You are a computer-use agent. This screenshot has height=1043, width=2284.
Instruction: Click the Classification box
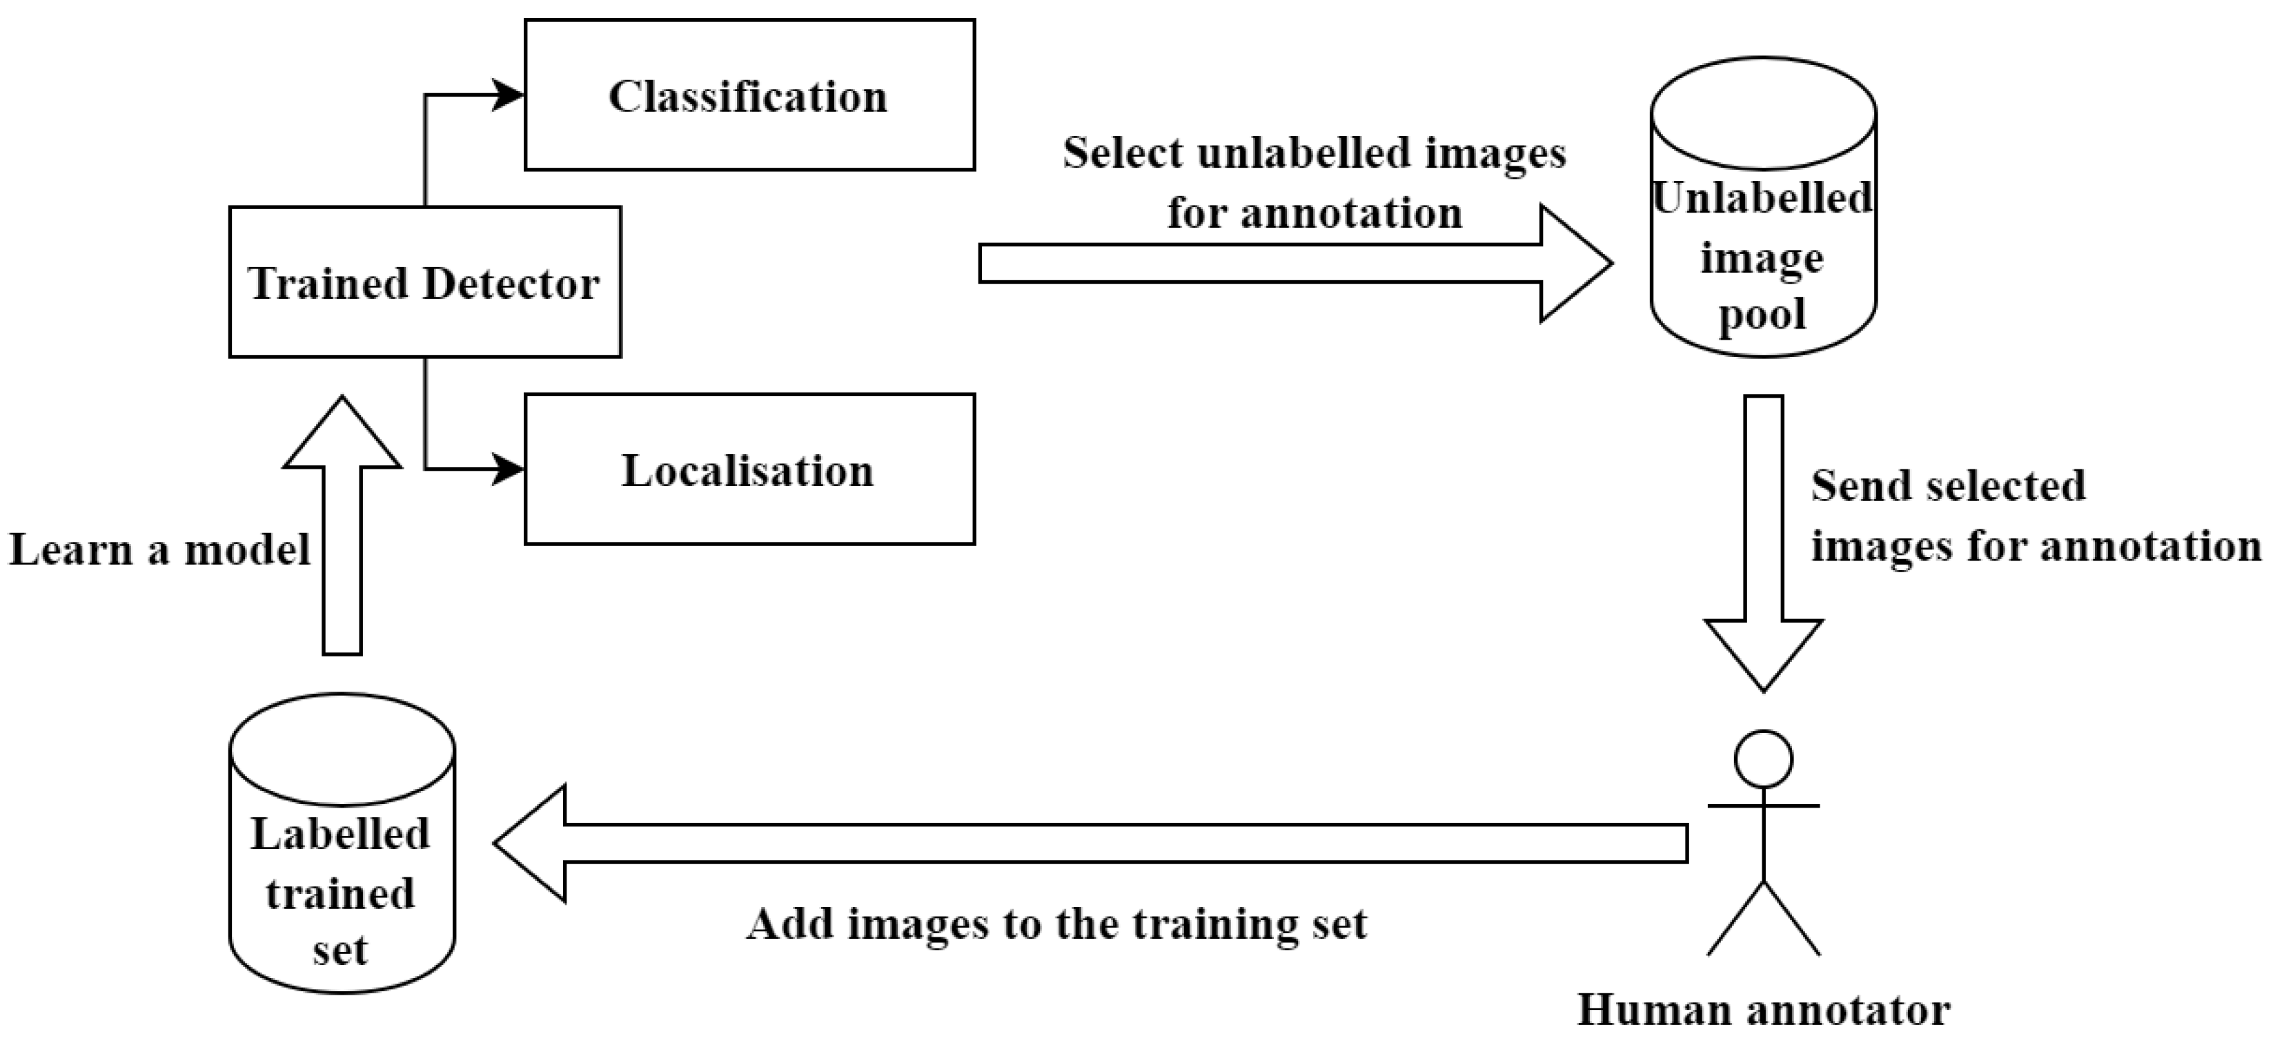(x=749, y=95)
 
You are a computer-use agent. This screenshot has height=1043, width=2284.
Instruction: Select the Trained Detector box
(x=424, y=282)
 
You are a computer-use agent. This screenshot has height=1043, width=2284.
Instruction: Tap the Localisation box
(x=749, y=469)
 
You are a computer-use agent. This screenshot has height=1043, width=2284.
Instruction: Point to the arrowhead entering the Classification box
(x=508, y=95)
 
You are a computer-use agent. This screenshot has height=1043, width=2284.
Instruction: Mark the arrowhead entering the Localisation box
(x=508, y=469)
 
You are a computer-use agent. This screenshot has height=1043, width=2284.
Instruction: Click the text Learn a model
(x=159, y=550)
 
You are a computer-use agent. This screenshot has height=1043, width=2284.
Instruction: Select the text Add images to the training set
(x=1057, y=924)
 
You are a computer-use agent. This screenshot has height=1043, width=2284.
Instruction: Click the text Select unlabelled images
(x=1314, y=153)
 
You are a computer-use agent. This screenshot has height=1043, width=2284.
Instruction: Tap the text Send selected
(x=1948, y=486)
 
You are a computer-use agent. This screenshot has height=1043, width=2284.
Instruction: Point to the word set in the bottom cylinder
(x=339, y=951)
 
